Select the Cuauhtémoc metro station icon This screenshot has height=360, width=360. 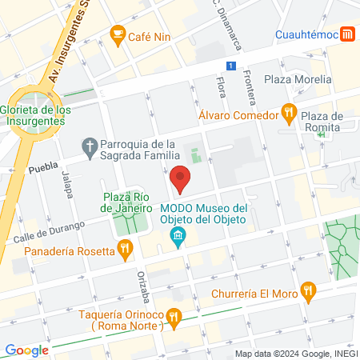pyautogui.click(x=348, y=34)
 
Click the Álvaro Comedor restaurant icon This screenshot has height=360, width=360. pyautogui.click(x=290, y=113)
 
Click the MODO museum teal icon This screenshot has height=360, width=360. pyautogui.click(x=178, y=236)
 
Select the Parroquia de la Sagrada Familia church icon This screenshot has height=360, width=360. pyautogui.click(x=89, y=145)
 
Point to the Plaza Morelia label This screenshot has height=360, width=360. pyautogui.click(x=298, y=80)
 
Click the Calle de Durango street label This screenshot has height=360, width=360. pyautogui.click(x=48, y=233)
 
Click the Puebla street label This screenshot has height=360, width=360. pyautogui.click(x=44, y=170)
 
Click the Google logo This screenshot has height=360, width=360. pyautogui.click(x=26, y=350)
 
